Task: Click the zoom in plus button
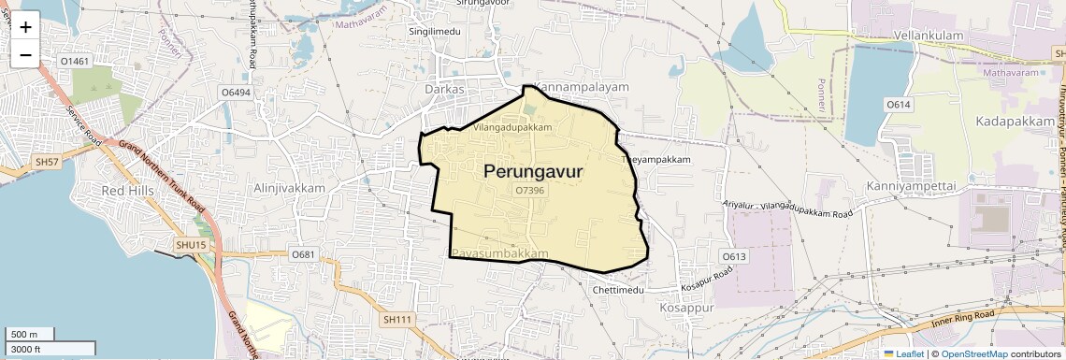25,26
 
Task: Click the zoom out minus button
25,54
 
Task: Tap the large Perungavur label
534,171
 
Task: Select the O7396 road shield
529,190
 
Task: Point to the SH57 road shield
47,162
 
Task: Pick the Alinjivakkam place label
289,188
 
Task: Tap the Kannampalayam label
581,86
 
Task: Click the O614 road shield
898,104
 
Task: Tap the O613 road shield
734,256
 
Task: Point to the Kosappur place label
686,307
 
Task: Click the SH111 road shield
397,320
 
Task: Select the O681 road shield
303,254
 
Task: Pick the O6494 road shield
235,93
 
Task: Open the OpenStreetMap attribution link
973,353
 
